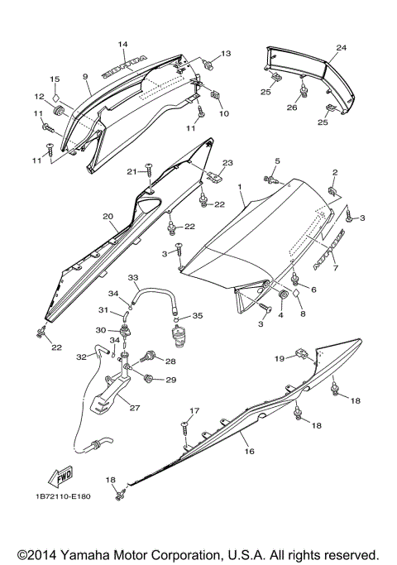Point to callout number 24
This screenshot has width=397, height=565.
pyautogui.click(x=341, y=49)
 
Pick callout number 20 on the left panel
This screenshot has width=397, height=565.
pyautogui.click(x=107, y=216)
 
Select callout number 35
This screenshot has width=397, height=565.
pyautogui.click(x=197, y=316)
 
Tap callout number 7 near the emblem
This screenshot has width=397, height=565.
pyautogui.click(x=335, y=268)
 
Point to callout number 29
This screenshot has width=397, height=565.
pyautogui.click(x=171, y=380)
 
